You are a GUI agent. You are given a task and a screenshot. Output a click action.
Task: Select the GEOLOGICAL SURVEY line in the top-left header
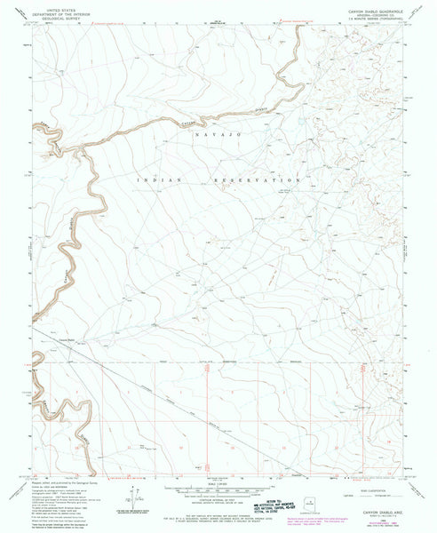(x=52, y=17)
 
